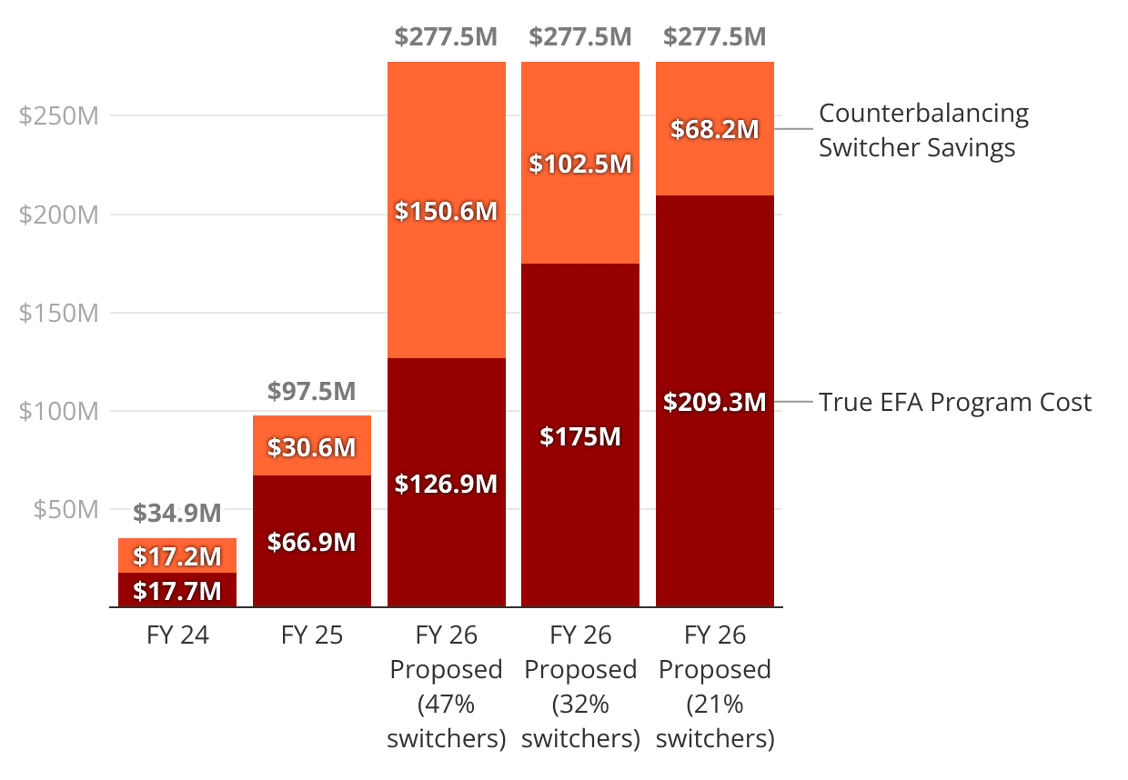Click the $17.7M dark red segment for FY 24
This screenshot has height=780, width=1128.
tap(177, 590)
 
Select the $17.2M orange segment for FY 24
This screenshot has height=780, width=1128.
tap(177, 555)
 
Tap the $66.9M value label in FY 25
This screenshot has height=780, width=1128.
tap(312, 543)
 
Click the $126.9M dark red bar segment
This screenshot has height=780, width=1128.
tap(446, 483)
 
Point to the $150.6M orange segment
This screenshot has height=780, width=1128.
tap(446, 211)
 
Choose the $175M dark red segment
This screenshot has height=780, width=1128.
tap(580, 435)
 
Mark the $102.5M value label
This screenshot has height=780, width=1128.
tap(580, 165)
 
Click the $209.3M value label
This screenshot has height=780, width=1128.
tap(715, 402)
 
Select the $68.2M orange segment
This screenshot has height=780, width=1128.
tap(715, 129)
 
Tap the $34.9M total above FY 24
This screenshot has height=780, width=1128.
tap(177, 514)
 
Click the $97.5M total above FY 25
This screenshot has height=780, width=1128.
tap(312, 391)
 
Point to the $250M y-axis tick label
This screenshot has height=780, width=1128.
tap(58, 116)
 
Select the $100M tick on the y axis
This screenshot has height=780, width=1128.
tap(58, 411)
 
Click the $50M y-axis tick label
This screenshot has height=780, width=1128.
tap(65, 509)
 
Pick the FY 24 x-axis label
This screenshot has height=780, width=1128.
tap(177, 635)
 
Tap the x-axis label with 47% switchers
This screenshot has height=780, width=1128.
tap(446, 686)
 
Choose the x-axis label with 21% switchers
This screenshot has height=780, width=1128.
tap(715, 686)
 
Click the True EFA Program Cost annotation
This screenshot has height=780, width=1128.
tap(954, 402)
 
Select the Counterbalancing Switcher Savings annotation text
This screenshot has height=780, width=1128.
tap(923, 130)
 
